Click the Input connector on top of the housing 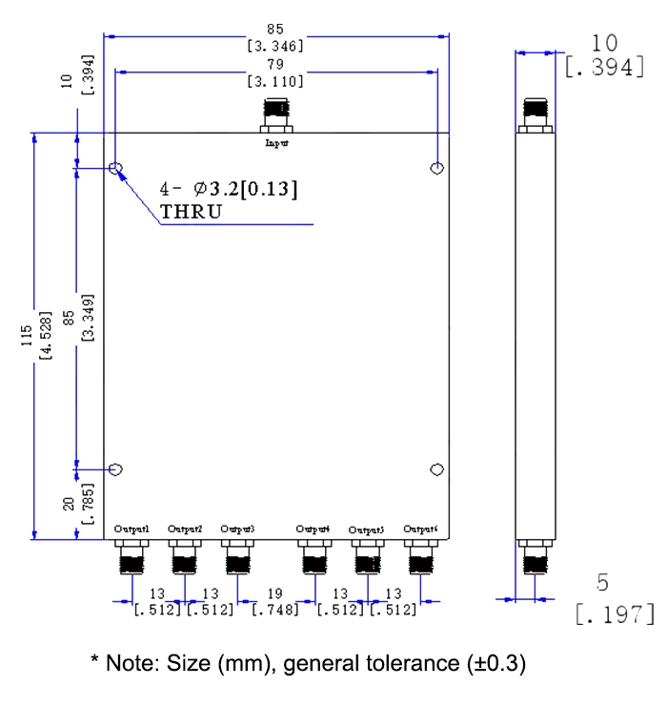tap(276, 119)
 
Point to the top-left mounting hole tap(116, 170)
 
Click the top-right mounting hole tap(436, 169)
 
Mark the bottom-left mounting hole tap(116, 469)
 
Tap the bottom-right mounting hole tap(436, 469)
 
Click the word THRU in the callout tap(191, 212)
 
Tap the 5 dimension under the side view tap(602, 581)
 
